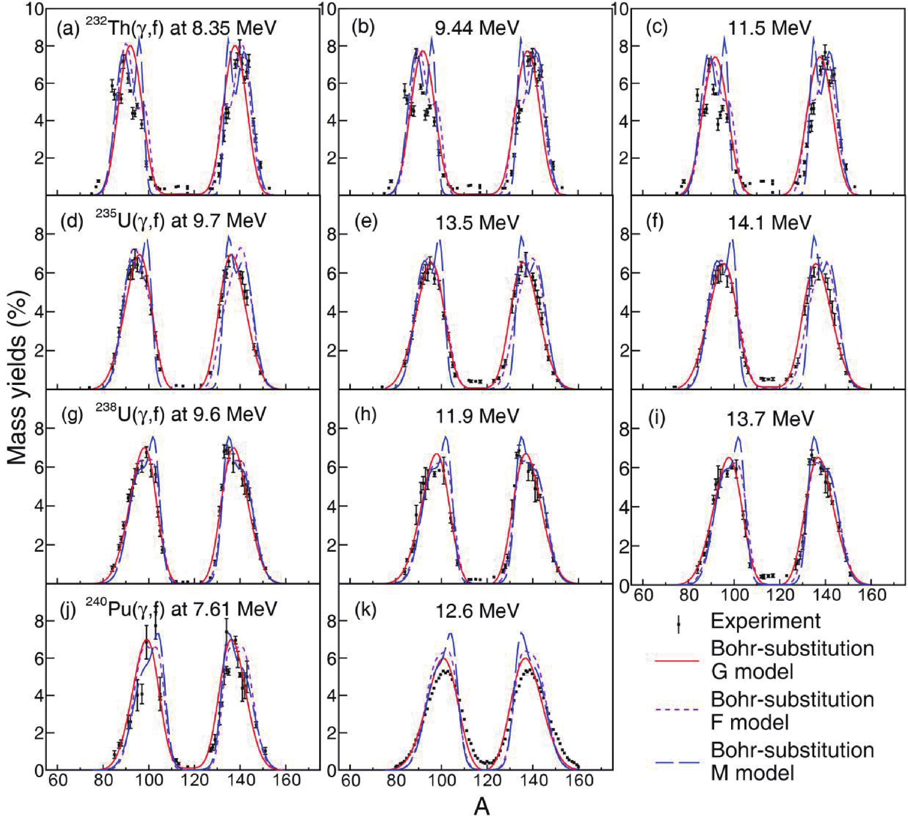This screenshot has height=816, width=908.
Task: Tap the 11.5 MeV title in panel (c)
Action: (x=769, y=28)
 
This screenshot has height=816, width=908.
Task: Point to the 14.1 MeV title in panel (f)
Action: (x=769, y=222)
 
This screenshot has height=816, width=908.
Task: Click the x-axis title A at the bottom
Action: (x=482, y=806)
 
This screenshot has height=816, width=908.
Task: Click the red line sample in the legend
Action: (x=677, y=660)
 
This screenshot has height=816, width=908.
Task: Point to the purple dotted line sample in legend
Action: (x=677, y=710)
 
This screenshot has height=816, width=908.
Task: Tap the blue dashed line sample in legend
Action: (x=677, y=762)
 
